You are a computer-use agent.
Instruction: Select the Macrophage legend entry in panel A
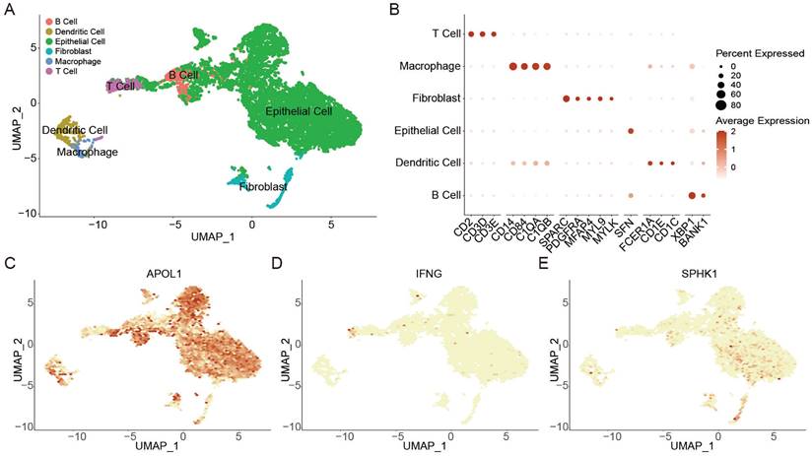pos(73,61)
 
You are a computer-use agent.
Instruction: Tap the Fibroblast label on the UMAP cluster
pos(263,185)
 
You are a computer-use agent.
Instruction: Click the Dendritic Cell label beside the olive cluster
pos(75,130)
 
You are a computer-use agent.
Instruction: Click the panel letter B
pos(394,9)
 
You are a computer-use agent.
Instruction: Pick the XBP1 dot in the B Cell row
pos(692,195)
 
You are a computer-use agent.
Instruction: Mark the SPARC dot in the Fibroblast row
pos(566,98)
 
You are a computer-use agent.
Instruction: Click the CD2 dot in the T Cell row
pos(471,34)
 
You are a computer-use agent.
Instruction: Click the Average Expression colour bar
pos(721,151)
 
